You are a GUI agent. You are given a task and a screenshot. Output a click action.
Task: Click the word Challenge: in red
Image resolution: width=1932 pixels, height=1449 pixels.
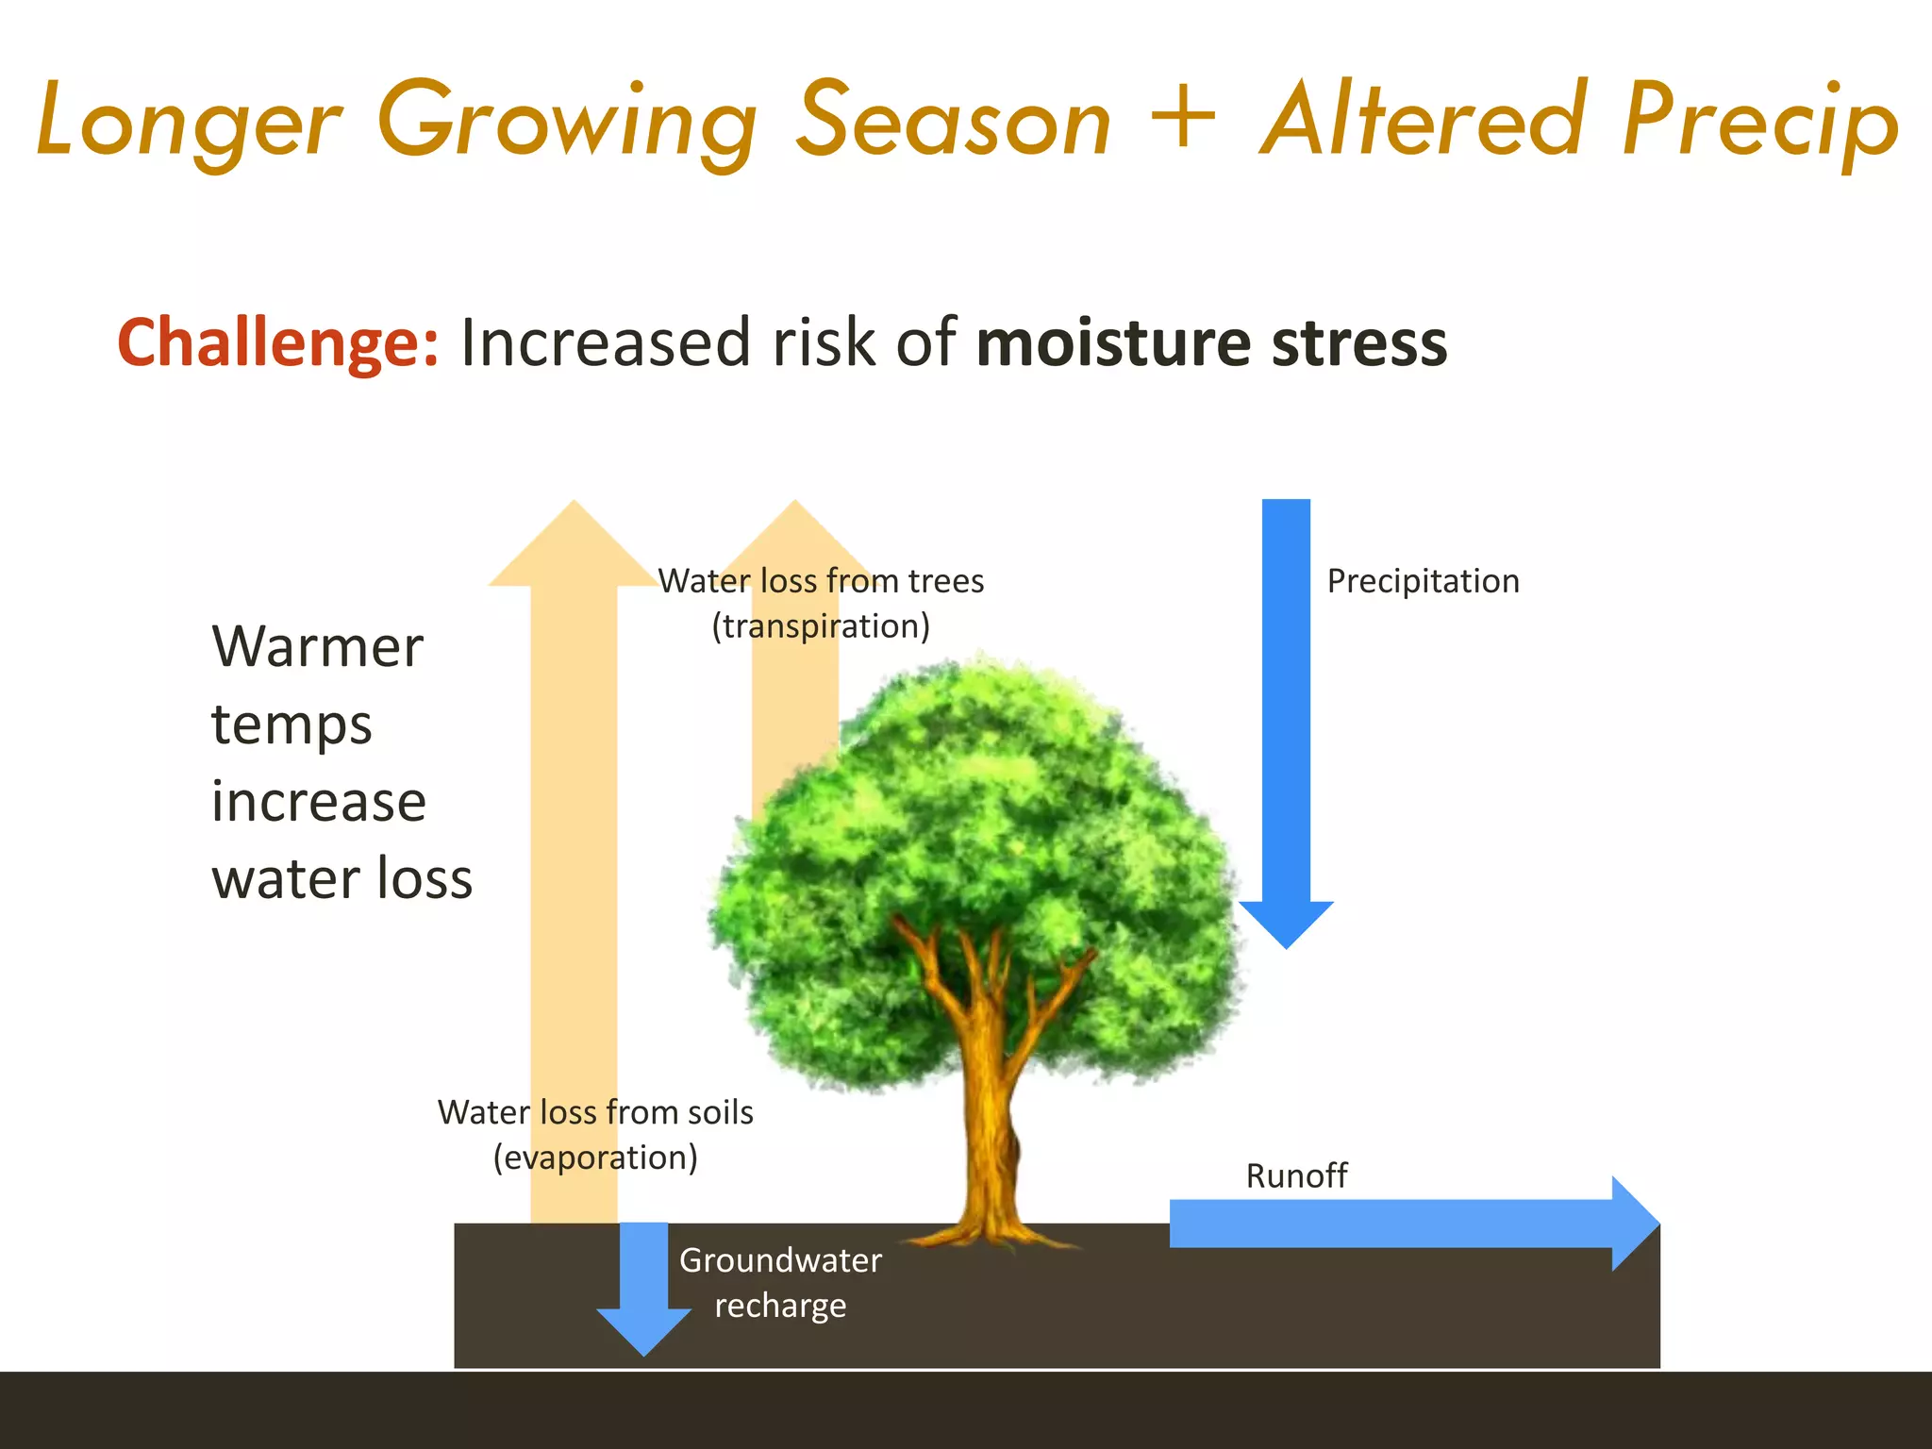277,343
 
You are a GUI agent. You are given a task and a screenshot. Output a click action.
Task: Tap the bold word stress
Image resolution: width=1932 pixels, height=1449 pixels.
1358,343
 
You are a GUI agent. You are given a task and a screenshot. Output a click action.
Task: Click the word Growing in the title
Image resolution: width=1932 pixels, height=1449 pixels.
566,123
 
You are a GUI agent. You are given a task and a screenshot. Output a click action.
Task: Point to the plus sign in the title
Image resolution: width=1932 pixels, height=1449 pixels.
1183,118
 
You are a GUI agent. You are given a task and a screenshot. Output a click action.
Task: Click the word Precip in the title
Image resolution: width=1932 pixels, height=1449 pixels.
1760,123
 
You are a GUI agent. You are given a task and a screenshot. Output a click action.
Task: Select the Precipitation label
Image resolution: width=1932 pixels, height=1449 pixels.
1423,581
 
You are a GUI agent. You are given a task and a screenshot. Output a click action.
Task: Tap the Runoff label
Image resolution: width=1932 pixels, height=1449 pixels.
1296,1176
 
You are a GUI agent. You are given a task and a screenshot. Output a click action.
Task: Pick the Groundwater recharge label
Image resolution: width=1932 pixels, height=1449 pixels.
780,1283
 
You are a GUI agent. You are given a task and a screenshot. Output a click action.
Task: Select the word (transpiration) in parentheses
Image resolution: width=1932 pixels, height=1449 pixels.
821,626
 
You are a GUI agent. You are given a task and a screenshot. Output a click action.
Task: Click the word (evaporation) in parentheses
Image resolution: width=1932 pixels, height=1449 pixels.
595,1158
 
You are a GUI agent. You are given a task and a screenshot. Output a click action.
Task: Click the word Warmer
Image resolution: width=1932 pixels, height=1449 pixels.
318,647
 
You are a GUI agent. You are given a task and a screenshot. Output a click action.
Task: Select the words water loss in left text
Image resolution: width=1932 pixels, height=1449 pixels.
341,879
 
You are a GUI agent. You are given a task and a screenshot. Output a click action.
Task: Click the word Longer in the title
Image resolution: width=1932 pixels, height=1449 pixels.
189,123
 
